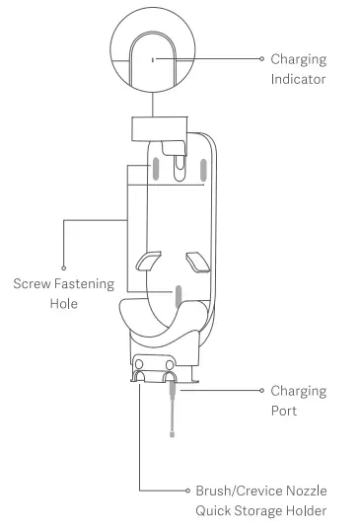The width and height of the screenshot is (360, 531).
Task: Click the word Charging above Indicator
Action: coord(299,59)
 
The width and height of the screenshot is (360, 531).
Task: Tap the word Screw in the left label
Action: coord(33,284)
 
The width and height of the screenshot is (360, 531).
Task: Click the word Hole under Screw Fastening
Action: coord(64,304)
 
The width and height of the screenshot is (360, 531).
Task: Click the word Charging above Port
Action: coord(299,390)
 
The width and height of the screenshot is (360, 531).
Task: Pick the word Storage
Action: coord(264,510)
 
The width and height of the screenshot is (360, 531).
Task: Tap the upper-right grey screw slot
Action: coord(202,171)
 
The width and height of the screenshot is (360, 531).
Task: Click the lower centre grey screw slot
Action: coord(179,296)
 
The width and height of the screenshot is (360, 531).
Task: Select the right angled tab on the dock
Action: coord(198,263)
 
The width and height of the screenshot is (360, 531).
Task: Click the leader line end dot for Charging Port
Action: coord(261,390)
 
